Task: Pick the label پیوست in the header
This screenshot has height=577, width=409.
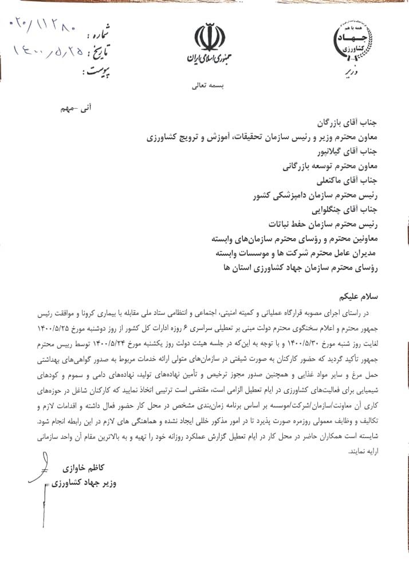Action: tap(97, 71)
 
